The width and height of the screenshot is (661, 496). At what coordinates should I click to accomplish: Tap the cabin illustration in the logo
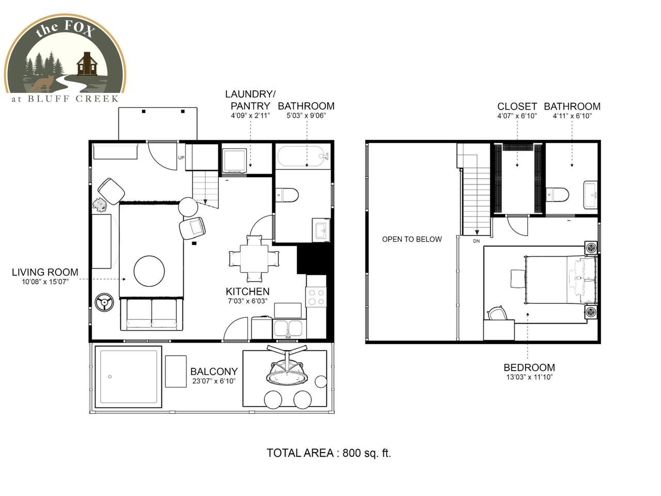click(x=87, y=64)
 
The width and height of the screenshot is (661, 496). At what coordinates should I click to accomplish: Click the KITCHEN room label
click(x=247, y=291)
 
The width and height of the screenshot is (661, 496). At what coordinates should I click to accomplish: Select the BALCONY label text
click(x=214, y=371)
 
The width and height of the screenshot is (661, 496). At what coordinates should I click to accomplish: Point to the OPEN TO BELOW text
click(x=412, y=239)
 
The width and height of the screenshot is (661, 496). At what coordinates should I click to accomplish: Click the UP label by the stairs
click(x=181, y=158)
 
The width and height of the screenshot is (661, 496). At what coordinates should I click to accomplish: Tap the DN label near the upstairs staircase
click(x=476, y=241)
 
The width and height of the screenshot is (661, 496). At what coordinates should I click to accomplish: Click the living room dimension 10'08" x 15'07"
click(x=45, y=282)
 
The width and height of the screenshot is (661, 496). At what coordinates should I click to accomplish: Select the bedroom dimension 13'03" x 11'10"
click(x=529, y=377)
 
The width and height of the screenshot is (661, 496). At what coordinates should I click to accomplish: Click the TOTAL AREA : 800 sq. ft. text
click(x=329, y=453)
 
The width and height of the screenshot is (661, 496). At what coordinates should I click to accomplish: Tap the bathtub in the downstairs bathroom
click(x=302, y=156)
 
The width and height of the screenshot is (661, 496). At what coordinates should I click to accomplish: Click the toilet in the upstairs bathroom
click(x=557, y=194)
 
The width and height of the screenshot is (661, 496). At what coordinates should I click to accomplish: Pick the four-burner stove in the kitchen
click(x=316, y=297)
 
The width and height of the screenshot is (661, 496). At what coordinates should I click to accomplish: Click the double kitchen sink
click(x=289, y=329)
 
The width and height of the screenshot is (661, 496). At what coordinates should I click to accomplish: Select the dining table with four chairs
click(x=254, y=259)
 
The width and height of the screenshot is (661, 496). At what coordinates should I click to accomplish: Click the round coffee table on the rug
click(x=149, y=271)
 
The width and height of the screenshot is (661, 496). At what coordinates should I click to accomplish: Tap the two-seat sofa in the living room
click(x=151, y=315)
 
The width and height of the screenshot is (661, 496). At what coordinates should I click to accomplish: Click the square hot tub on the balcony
click(x=129, y=377)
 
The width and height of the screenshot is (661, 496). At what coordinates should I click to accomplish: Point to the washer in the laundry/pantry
click(x=234, y=161)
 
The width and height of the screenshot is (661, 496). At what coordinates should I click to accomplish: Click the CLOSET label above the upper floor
click(x=517, y=106)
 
